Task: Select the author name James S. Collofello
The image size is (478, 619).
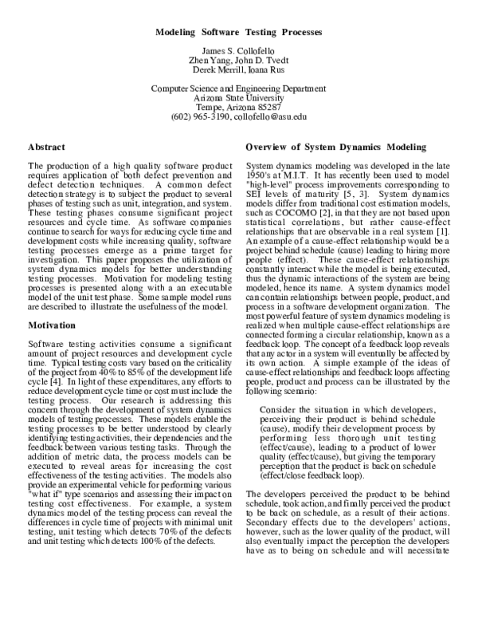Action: [x=239, y=53]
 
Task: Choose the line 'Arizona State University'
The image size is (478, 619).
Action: [x=239, y=97]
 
